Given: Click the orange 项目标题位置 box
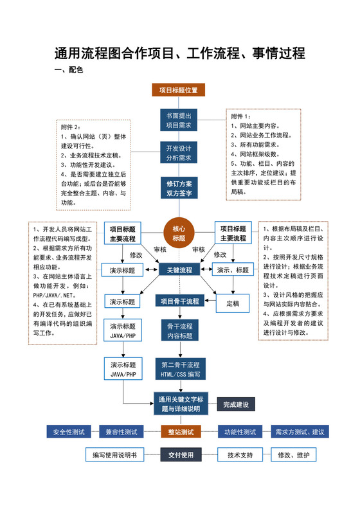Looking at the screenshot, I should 179,90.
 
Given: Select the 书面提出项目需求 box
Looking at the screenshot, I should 179,120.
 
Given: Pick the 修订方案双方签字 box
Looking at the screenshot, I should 179,187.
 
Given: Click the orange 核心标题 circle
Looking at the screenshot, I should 179,233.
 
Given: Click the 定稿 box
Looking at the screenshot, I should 233,301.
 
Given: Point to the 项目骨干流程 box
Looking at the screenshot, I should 179,301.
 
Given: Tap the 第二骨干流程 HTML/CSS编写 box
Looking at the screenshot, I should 180,369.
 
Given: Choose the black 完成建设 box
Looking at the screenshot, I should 236,404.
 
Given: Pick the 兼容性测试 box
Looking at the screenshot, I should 122,431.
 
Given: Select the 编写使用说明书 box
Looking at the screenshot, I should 114,455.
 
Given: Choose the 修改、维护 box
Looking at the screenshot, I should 293,455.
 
